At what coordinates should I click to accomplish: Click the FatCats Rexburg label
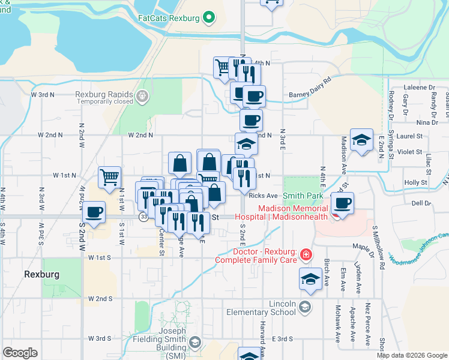168,18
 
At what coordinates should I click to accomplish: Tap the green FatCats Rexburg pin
209,17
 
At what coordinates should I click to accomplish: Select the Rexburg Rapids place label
104,94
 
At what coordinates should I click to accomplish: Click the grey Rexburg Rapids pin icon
142,95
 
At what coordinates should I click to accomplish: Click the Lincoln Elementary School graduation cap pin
305,308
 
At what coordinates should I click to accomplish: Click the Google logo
20,353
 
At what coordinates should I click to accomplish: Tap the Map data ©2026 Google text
411,355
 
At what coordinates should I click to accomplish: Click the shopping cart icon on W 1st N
109,177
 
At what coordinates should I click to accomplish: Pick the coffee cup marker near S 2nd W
94,212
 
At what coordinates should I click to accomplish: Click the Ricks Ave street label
263,196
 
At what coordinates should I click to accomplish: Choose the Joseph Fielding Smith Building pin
194,342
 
